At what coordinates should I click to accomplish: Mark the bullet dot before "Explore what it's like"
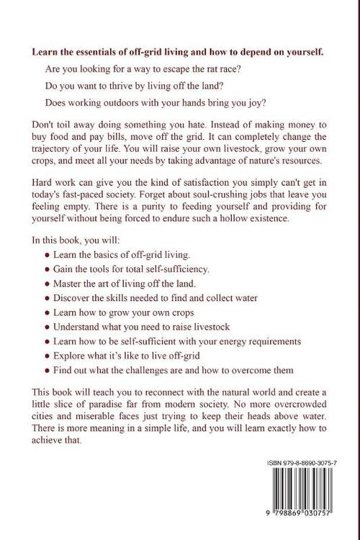47,356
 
